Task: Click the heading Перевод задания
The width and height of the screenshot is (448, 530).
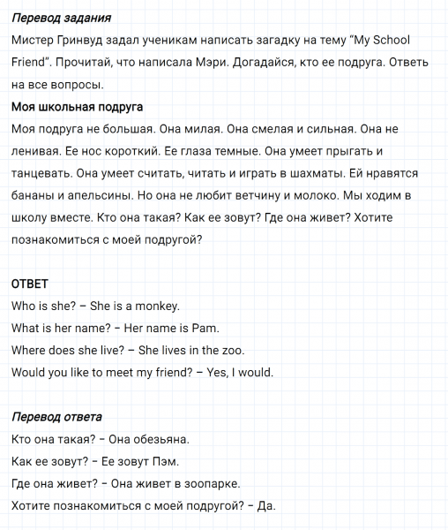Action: pyautogui.click(x=62, y=19)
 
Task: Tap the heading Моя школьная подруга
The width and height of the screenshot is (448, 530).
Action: pyautogui.click(x=77, y=107)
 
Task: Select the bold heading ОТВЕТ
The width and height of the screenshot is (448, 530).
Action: pyautogui.click(x=29, y=284)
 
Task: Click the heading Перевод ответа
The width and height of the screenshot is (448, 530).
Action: pyautogui.click(x=56, y=417)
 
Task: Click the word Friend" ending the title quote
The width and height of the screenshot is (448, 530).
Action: pyautogui.click(x=33, y=63)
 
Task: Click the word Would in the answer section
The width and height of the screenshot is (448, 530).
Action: pyautogui.click(x=31, y=373)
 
